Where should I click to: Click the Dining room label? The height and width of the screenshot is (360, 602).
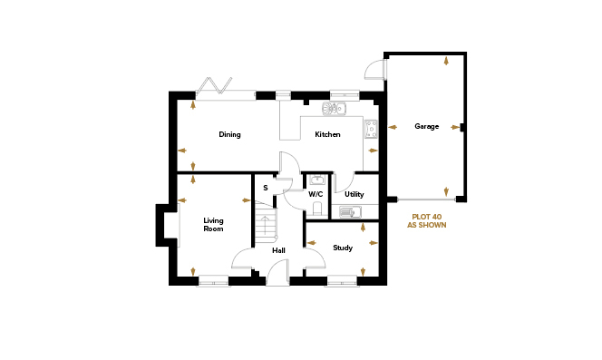point(229,134)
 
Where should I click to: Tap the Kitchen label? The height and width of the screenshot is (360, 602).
point(327,134)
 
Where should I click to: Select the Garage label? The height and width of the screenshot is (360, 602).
point(426,126)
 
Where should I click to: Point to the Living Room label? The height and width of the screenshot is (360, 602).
point(213,224)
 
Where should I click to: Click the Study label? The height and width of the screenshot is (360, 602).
point(343,248)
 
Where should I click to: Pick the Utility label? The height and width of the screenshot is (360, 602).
point(354,194)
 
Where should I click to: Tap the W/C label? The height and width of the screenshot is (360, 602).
point(316,194)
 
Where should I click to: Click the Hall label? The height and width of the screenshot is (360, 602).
point(278,250)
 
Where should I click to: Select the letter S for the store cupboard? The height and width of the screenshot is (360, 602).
point(266,188)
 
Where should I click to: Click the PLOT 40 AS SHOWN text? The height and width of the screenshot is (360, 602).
point(426,221)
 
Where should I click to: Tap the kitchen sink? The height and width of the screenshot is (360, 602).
point(334,108)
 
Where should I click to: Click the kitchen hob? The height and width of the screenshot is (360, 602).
point(371,129)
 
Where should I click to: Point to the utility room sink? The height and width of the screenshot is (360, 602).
point(350,212)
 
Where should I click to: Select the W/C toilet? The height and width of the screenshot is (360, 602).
point(317,209)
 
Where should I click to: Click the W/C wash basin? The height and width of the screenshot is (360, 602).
point(317,180)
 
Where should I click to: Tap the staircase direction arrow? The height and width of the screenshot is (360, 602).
point(265,228)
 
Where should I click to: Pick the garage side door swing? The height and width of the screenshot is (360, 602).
point(374,70)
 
